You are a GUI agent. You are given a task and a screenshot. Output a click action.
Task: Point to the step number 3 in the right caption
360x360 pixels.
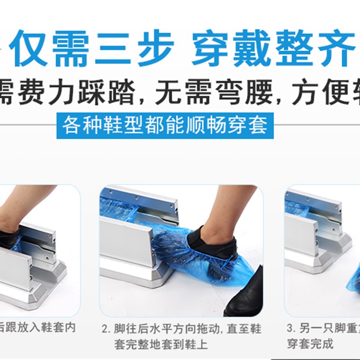tap(291, 329)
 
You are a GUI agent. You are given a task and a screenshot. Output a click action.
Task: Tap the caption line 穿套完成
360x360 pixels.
tap(310, 344)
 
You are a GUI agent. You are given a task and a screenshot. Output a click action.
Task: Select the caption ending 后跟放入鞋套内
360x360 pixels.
tap(38, 328)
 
